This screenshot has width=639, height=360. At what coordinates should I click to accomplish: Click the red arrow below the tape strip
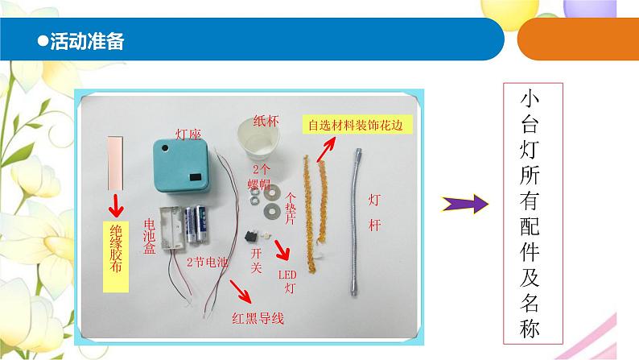pyautogui.click(x=117, y=203)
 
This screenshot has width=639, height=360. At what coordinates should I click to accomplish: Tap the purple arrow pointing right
pyautogui.click(x=468, y=205)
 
